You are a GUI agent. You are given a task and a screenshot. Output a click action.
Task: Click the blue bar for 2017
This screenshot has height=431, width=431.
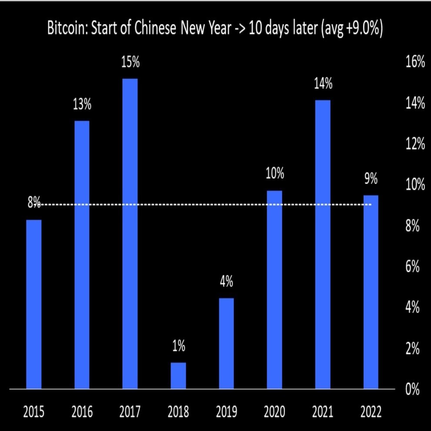(130, 234)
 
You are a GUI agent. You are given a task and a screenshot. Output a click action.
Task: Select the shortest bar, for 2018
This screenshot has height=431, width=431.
(178, 375)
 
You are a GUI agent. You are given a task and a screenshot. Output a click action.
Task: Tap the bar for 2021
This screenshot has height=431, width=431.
(323, 244)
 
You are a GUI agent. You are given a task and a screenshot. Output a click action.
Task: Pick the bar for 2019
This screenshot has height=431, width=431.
(226, 343)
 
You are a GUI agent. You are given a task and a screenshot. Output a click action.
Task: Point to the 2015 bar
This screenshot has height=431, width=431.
(34, 304)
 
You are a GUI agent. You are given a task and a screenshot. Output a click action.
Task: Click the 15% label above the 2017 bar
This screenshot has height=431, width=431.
(130, 63)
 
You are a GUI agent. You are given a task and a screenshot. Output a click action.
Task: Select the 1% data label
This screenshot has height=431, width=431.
(178, 347)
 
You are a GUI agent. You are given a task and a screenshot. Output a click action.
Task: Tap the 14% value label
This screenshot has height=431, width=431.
(323, 84)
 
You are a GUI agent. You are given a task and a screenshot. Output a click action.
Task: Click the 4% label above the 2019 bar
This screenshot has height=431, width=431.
(226, 282)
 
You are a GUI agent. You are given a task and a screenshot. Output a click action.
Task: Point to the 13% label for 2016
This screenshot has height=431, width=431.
(82, 105)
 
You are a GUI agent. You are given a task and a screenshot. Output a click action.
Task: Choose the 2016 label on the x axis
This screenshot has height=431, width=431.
(82, 411)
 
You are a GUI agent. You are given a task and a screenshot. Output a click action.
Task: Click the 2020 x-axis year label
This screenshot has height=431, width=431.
(274, 411)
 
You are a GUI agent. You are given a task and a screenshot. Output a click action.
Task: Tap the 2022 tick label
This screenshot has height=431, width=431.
(371, 411)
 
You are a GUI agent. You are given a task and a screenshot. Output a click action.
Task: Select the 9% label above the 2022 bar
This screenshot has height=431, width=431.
(371, 179)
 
